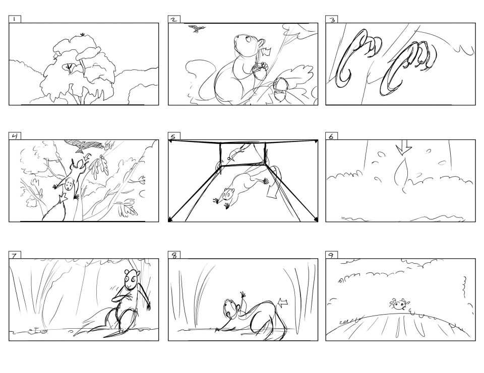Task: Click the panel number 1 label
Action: click(15, 20)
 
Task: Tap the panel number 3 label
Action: click(332, 20)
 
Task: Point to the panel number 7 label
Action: click(15, 255)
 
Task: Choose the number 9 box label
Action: click(331, 255)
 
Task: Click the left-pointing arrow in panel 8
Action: click(283, 303)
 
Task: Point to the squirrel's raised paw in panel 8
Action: click(243, 295)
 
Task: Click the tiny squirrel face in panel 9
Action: click(399, 305)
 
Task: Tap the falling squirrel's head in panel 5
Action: click(228, 194)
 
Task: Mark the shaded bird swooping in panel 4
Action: click(84, 145)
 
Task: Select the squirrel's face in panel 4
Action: click(69, 185)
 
